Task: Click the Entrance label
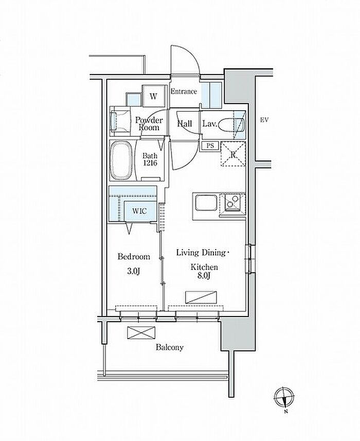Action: (x=184, y=92)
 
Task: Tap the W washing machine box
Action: (x=153, y=96)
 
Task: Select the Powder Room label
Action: (x=149, y=124)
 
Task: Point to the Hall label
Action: (x=184, y=124)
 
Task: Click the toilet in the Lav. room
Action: (x=231, y=125)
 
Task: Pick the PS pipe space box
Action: (x=210, y=146)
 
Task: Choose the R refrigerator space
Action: (x=233, y=154)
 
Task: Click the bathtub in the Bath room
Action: (x=121, y=161)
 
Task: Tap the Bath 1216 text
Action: (x=150, y=160)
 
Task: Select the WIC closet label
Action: (x=139, y=210)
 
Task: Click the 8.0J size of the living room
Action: (x=204, y=276)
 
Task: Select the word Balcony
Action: (x=170, y=347)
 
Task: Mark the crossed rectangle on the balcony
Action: (x=141, y=333)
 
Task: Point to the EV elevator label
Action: (x=264, y=120)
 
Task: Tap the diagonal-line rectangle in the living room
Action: (x=201, y=297)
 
